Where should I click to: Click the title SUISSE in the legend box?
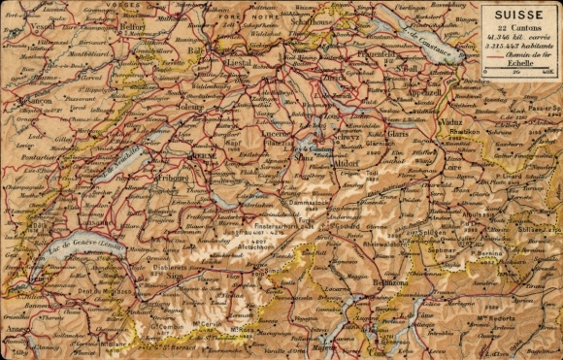click(x=519, y=16)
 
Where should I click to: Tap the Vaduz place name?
click(x=453, y=122)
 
